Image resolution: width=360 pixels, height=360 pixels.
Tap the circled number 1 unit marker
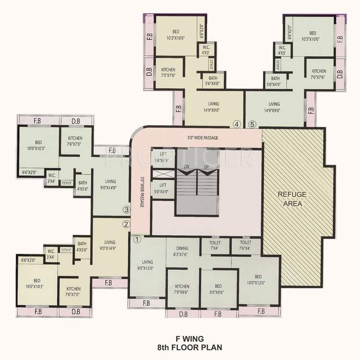click(136, 238)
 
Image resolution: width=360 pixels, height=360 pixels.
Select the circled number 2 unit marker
click(126, 224)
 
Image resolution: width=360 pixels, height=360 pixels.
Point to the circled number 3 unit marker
click(126, 209)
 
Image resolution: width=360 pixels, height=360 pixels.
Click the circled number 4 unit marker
click(236, 124)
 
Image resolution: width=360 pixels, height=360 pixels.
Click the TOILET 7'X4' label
click(215, 245)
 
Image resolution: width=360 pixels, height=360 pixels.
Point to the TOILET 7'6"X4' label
click(242, 245)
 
